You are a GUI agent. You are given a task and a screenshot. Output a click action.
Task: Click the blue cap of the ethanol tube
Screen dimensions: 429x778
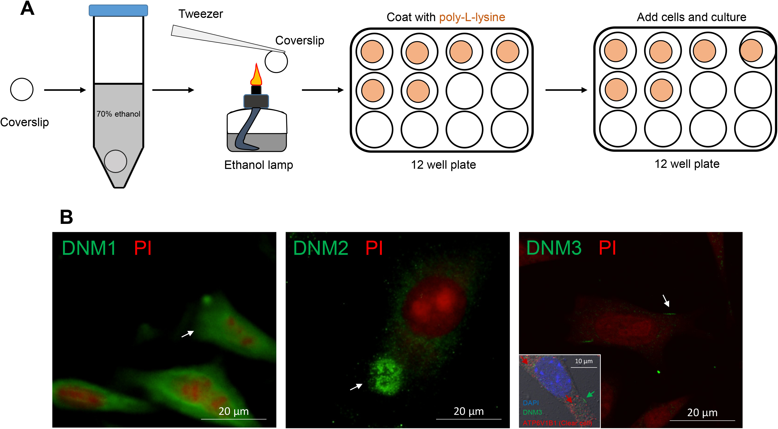click(x=118, y=10)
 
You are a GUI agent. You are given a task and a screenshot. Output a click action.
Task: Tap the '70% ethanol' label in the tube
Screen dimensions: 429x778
click(x=118, y=114)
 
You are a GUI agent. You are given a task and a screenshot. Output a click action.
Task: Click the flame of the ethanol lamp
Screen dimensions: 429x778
click(x=256, y=75)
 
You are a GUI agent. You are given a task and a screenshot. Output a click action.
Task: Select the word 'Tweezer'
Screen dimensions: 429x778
click(x=201, y=14)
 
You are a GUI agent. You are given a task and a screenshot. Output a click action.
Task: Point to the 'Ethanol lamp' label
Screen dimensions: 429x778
click(x=259, y=165)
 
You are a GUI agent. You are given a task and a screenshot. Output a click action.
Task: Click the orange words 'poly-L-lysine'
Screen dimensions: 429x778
click(x=472, y=17)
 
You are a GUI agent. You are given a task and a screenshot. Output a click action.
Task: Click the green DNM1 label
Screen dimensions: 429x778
click(x=89, y=248)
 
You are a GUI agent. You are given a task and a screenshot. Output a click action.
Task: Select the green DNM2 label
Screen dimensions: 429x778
click(x=321, y=248)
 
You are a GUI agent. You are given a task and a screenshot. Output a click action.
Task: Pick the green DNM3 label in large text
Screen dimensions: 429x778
click(x=554, y=248)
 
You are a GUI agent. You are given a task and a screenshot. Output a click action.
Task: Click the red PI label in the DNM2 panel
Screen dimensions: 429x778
click(x=374, y=248)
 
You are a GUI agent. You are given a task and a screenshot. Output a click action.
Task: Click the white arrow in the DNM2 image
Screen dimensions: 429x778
click(x=356, y=386)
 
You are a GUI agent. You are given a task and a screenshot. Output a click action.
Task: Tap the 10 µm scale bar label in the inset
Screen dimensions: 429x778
click(x=583, y=361)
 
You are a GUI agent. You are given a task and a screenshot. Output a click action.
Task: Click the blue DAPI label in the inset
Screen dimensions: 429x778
click(x=531, y=403)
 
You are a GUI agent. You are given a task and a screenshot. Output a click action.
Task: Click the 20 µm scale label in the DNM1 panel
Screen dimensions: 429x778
click(x=234, y=411)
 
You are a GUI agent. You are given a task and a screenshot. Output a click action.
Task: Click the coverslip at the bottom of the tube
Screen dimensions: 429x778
click(x=115, y=161)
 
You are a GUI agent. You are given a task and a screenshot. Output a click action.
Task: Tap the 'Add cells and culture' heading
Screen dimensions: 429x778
click(x=691, y=17)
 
